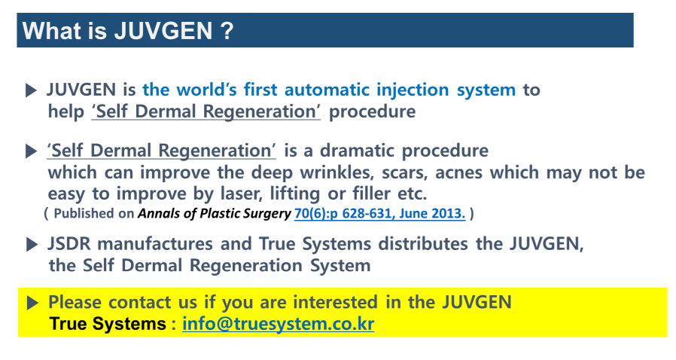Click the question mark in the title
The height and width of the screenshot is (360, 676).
227,31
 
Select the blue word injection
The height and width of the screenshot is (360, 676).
413,90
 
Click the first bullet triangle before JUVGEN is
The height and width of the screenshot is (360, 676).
31,90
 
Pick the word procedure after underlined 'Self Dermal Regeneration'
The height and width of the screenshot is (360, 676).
372,111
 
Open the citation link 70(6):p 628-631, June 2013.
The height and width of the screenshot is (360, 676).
380,213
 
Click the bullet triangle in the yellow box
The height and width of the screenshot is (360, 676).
32,303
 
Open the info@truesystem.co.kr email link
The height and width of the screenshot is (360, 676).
278,324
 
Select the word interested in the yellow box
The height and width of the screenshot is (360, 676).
336,302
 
